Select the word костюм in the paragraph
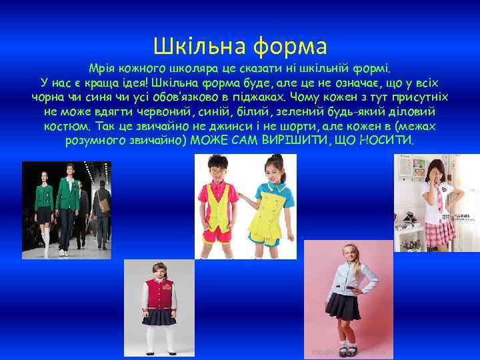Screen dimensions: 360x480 67,126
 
